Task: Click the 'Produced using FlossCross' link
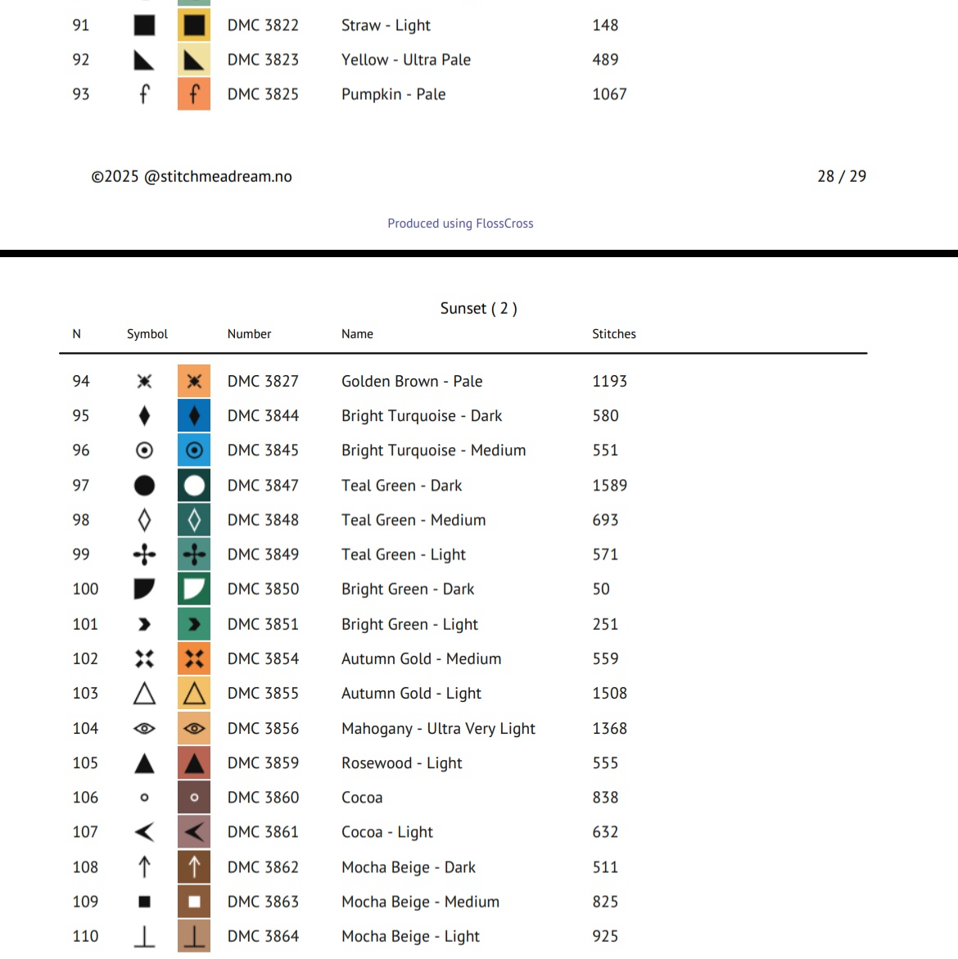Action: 460,224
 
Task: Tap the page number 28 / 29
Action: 841,176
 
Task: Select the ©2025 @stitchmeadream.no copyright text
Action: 192,176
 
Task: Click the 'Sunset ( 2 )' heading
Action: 478,308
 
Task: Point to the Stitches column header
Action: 613,334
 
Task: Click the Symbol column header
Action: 147,334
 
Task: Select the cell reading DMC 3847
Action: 263,486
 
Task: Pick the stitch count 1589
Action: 609,486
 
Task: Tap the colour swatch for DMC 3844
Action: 194,416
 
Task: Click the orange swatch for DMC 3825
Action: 194,94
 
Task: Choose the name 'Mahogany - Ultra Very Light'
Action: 438,729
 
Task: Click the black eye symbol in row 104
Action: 144,728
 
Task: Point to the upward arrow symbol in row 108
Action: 144,866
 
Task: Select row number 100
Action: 85,589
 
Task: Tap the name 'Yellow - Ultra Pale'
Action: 406,60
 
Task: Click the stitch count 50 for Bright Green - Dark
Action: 601,589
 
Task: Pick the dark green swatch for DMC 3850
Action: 194,589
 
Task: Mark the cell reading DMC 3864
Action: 263,936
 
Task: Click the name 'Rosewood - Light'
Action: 401,763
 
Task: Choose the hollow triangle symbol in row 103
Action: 144,694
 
